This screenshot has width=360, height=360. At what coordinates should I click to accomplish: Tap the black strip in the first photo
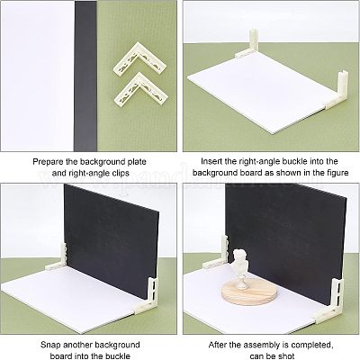click(85, 76)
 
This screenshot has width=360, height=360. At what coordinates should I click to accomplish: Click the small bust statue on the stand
click(241, 268)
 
